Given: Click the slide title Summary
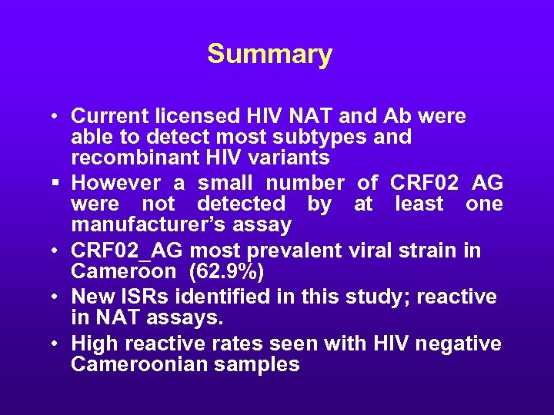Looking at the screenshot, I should tap(269, 55).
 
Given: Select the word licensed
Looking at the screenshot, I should tap(192, 116).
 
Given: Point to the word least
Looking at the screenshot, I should tap(419, 204).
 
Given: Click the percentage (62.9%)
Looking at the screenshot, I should tap(233, 272).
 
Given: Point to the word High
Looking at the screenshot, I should tap(92, 343).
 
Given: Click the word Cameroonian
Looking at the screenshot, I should tap(135, 364).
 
